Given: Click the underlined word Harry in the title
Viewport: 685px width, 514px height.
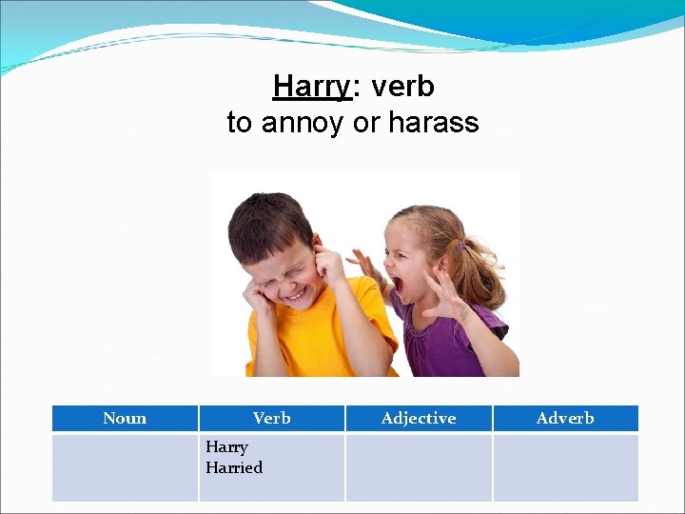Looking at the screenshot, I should coord(312,87).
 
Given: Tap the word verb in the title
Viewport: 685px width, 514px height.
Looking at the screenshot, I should coord(402,87).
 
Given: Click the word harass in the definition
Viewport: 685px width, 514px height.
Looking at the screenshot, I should coord(436,122).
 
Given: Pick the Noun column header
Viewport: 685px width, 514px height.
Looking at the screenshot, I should coord(125,418).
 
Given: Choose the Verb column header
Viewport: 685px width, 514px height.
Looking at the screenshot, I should coord(271,418).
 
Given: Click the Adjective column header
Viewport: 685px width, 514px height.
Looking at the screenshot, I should coord(419,418).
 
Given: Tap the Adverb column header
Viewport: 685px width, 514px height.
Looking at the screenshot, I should coord(565,418).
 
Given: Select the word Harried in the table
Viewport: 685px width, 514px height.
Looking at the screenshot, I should coord(234,467).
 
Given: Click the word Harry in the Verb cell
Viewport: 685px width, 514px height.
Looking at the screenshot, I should coord(226,446).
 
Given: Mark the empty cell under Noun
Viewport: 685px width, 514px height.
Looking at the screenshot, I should coord(125,467).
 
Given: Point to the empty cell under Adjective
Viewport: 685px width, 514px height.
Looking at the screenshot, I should coord(419,467).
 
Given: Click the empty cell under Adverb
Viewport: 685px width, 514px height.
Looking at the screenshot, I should coord(565,467).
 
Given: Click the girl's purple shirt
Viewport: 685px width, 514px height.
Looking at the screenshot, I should coord(447,343).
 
